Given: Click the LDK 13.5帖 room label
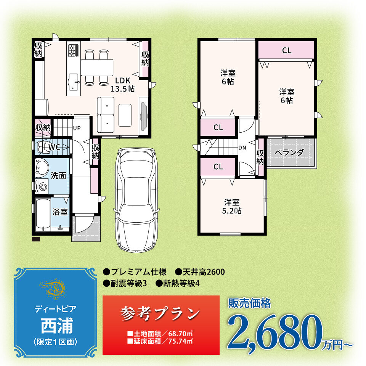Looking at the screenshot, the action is pos(122,85).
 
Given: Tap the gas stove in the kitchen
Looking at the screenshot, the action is pos(74,50).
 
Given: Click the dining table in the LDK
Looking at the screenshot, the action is pos(97,67).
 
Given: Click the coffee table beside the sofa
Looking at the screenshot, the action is pos(125,115).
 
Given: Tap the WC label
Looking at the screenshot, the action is pos(54,147).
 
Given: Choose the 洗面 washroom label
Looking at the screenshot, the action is pos(58,175).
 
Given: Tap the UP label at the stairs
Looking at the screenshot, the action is pos(77,128).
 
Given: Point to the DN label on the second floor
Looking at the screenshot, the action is pos(242,148).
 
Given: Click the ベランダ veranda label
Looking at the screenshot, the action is pos(289,152).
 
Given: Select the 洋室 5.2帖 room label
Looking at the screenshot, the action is pos(231,206).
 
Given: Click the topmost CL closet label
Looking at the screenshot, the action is pos(287,50).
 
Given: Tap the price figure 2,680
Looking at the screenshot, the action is pos(275,331).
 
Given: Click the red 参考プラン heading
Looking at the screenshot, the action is pos(161,313).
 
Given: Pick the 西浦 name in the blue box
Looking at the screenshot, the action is pos(57,326).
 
